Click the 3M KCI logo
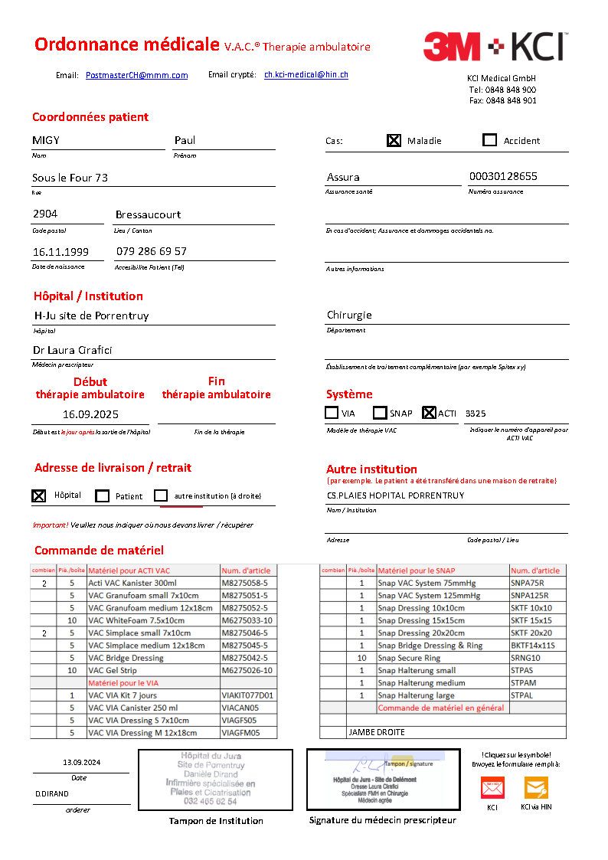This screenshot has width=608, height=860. [x=495, y=47]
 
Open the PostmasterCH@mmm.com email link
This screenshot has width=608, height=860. [x=137, y=75]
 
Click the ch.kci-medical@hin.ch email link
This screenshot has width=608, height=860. [x=306, y=74]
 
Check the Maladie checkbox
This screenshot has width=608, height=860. [x=394, y=140]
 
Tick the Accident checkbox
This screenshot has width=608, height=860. [x=490, y=140]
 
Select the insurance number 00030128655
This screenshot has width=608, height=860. [x=503, y=176]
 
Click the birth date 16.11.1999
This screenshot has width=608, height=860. [x=60, y=251]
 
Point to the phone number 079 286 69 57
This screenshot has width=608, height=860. [x=152, y=251]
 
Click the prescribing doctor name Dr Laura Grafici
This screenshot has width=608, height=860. [x=74, y=350]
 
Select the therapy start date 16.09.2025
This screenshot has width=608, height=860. [x=90, y=414]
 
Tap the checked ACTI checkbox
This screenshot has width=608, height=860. [x=429, y=413]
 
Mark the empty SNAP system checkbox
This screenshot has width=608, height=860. [x=380, y=413]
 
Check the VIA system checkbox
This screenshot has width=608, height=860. [x=332, y=413]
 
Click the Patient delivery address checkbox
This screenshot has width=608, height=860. [x=103, y=496]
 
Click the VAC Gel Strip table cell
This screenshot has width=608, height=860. [x=152, y=670]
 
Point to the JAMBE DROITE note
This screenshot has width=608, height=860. [x=377, y=732]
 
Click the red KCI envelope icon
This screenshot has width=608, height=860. [x=492, y=787]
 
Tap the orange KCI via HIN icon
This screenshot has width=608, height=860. [x=536, y=787]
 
